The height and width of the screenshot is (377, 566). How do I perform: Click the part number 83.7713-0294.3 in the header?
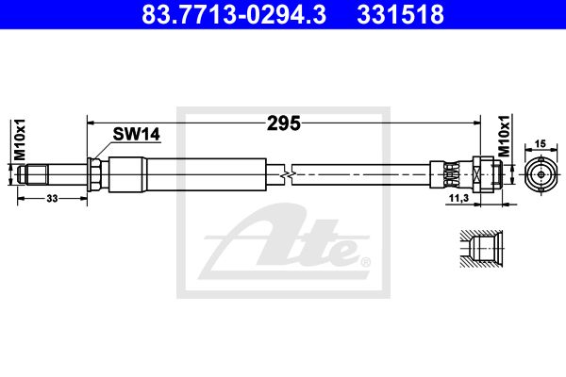(234, 14)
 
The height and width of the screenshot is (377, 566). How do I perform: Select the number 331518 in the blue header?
(400, 14)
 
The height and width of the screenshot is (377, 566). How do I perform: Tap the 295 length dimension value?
(284, 123)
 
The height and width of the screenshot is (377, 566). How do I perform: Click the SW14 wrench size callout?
(136, 134)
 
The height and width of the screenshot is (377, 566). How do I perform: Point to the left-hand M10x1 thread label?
(20, 139)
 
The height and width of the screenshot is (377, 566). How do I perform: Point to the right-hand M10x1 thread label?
(505, 136)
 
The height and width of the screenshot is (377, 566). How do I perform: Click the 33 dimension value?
(52, 199)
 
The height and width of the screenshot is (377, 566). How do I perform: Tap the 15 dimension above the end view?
(541, 144)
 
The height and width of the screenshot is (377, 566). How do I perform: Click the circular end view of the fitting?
(541, 174)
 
